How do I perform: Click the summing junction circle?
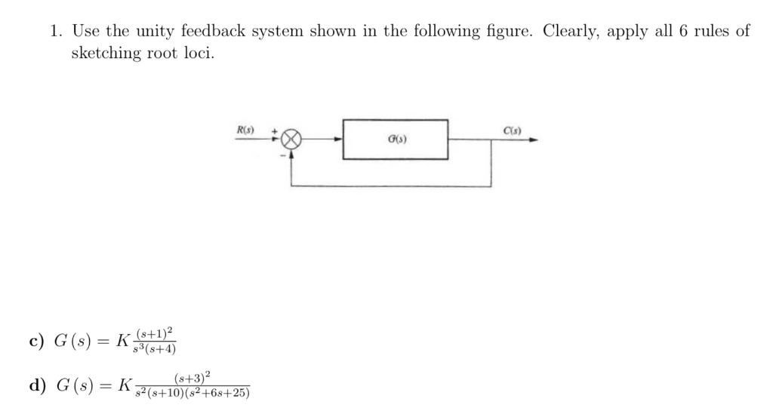[x=292, y=140]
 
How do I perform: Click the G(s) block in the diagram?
[x=396, y=140]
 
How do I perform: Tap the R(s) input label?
[x=245, y=130]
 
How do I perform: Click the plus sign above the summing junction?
[x=276, y=131]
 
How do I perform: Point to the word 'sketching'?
[x=106, y=54]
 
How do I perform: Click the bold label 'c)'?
[x=37, y=341]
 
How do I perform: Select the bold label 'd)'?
[x=37, y=385]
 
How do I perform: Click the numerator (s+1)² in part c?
[x=157, y=332]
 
